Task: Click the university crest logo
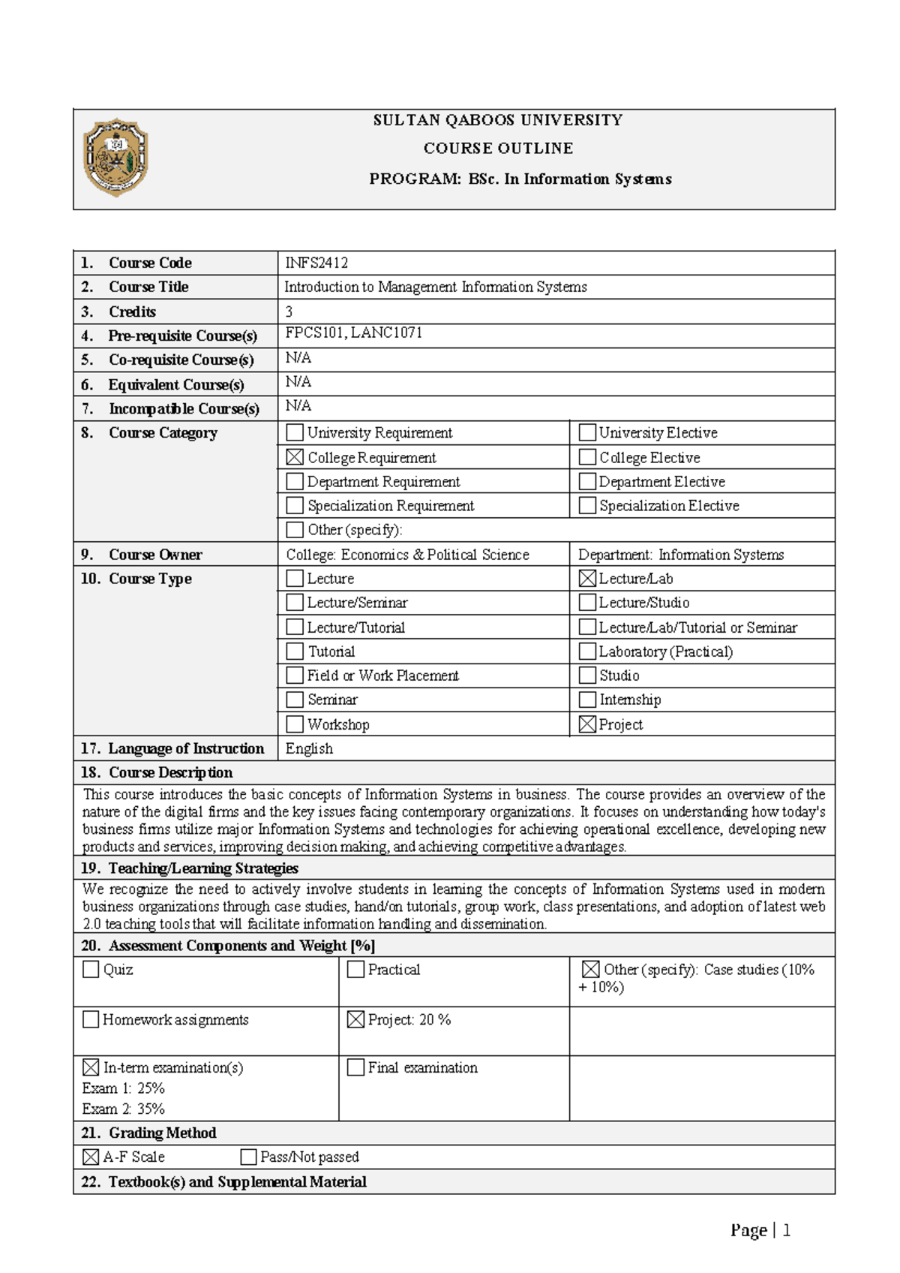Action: pyautogui.click(x=115, y=158)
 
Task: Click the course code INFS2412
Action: pyautogui.click(x=316, y=263)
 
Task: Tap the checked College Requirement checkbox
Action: pyautogui.click(x=295, y=457)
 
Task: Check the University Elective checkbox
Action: pyautogui.click(x=587, y=432)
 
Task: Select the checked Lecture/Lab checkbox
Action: pyautogui.click(x=587, y=578)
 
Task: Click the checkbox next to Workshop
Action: pyautogui.click(x=295, y=724)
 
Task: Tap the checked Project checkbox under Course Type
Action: pyautogui.click(x=587, y=724)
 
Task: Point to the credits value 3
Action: pyautogui.click(x=289, y=311)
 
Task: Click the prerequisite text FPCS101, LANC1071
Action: pyautogui.click(x=354, y=333)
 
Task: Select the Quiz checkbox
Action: pyautogui.click(x=91, y=970)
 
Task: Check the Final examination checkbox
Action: pyautogui.click(x=355, y=1067)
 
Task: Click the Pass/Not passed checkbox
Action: pyautogui.click(x=248, y=1157)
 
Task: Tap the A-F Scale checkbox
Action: pyautogui.click(x=91, y=1157)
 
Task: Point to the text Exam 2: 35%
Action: pyautogui.click(x=124, y=1109)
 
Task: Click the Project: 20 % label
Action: pyautogui.click(x=409, y=1019)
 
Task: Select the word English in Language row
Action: pyautogui.click(x=309, y=748)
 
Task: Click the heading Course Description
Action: pyautogui.click(x=170, y=772)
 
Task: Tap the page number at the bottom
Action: pyautogui.click(x=786, y=1230)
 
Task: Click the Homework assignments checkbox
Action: pyautogui.click(x=91, y=1019)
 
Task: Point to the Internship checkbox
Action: pyautogui.click(x=587, y=700)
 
